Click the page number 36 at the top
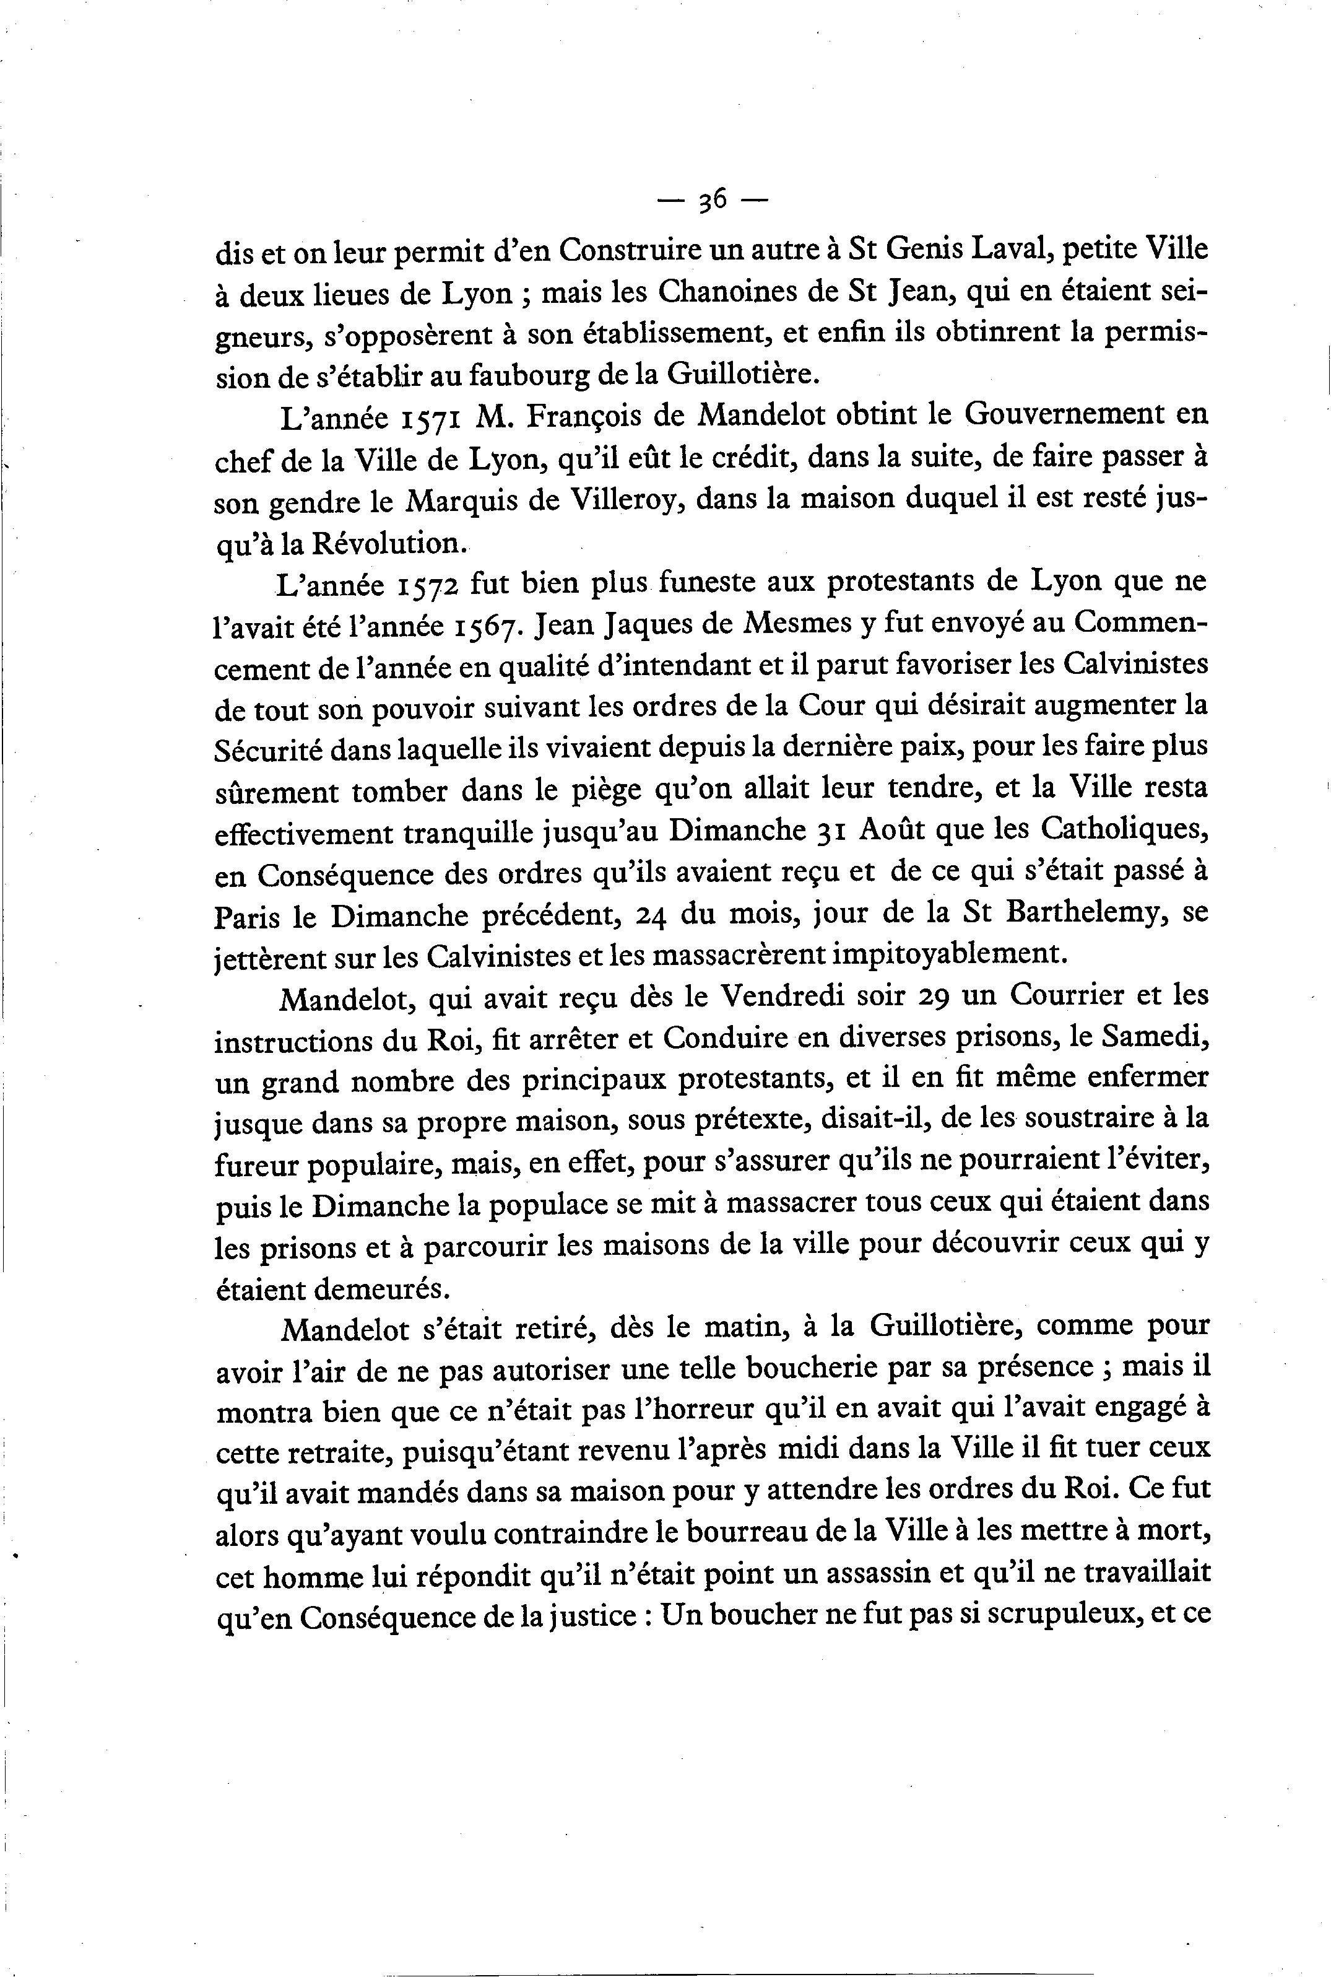click(711, 201)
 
